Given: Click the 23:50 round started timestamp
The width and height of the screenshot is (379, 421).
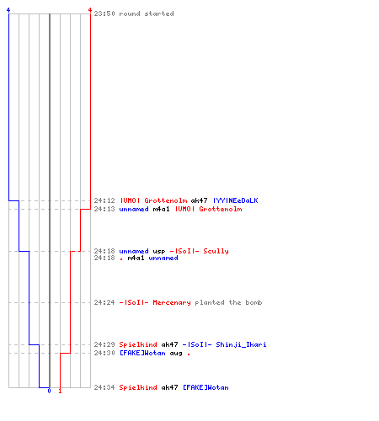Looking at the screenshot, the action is [104, 13].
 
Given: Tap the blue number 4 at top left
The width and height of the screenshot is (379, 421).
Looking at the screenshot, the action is [8, 10].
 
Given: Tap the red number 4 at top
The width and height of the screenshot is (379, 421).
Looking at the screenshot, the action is [90, 10].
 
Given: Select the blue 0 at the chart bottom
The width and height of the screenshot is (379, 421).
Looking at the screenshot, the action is [49, 391].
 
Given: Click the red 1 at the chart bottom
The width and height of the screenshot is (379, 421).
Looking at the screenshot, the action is [60, 391].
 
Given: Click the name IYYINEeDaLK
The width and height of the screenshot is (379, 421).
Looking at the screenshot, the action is [236, 200].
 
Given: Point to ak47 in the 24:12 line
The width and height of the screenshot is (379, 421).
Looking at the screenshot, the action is [199, 200].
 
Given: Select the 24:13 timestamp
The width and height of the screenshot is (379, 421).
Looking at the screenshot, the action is [104, 209].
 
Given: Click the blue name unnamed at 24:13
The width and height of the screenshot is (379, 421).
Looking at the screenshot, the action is [134, 209].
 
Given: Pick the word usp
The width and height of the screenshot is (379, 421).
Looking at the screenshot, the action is [159, 251].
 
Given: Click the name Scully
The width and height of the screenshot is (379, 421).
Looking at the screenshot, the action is [216, 251].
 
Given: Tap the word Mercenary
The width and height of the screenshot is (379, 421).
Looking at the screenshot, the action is [172, 302].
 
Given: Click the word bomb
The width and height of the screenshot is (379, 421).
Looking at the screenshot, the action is [254, 302].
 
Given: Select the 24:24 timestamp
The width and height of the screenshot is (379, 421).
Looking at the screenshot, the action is [104, 302].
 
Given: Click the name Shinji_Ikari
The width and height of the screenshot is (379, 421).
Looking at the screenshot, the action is [241, 344].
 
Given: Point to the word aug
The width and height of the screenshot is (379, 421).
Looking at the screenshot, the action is [176, 354].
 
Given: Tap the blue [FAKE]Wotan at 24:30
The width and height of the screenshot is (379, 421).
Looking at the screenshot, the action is [142, 353].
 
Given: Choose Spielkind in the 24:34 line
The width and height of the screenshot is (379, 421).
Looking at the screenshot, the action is [138, 387].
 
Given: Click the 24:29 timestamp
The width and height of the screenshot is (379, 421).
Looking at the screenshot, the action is [104, 344].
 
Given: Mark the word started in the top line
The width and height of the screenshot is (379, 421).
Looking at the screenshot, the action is [159, 13].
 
